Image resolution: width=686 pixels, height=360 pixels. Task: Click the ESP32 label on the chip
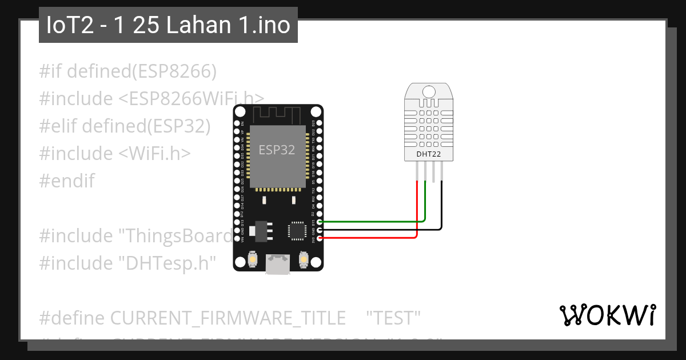277,150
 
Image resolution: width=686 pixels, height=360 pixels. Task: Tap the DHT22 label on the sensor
428,154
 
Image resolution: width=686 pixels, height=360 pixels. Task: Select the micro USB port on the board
277,265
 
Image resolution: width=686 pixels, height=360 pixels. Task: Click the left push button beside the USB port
252,261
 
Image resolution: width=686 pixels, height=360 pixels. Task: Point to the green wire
372,221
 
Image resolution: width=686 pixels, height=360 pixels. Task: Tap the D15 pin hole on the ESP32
319,221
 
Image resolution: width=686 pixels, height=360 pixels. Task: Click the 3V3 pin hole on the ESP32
319,237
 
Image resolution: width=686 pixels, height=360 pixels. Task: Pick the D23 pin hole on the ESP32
319,123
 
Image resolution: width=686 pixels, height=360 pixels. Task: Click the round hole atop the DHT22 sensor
428,91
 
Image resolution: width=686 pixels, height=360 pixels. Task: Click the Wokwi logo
608,315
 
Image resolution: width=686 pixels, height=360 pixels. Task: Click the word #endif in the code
67,181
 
